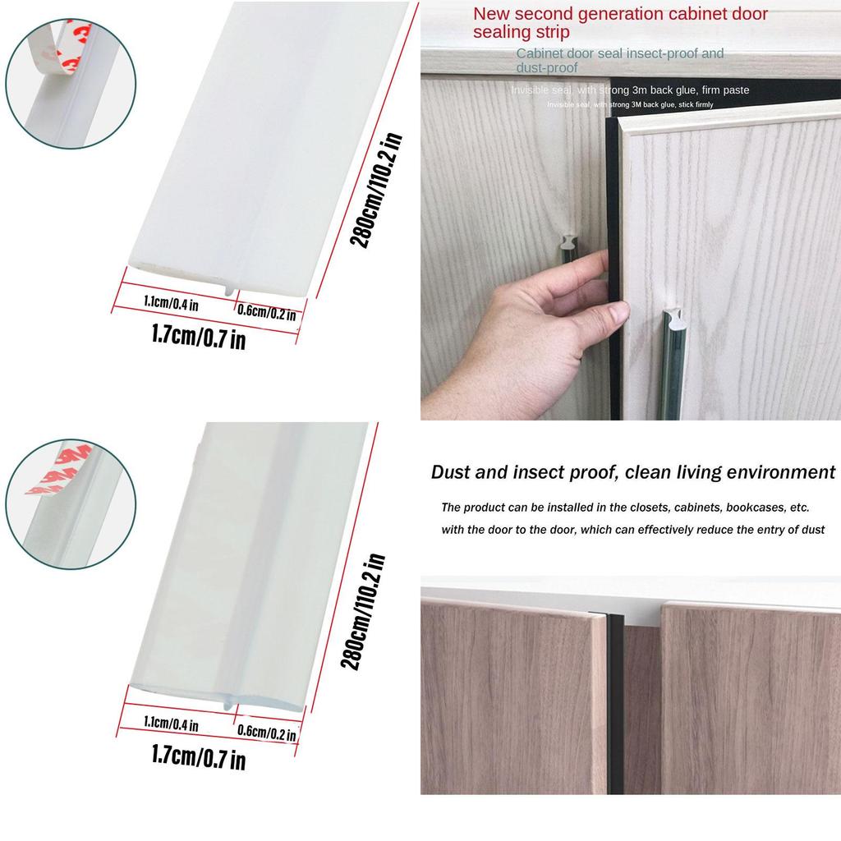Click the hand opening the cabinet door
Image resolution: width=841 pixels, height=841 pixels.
click(x=534, y=329)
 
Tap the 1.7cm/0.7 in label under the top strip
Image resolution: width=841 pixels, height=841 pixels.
click(x=199, y=336)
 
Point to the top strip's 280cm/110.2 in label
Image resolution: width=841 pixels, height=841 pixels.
click(x=375, y=191)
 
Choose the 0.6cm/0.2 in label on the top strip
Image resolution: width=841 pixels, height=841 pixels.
click(x=265, y=311)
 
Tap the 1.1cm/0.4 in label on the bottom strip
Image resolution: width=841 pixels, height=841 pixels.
click(x=171, y=724)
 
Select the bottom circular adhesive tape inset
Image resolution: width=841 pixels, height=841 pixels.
click(x=70, y=503)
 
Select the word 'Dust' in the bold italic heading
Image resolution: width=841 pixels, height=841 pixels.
click(x=451, y=472)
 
